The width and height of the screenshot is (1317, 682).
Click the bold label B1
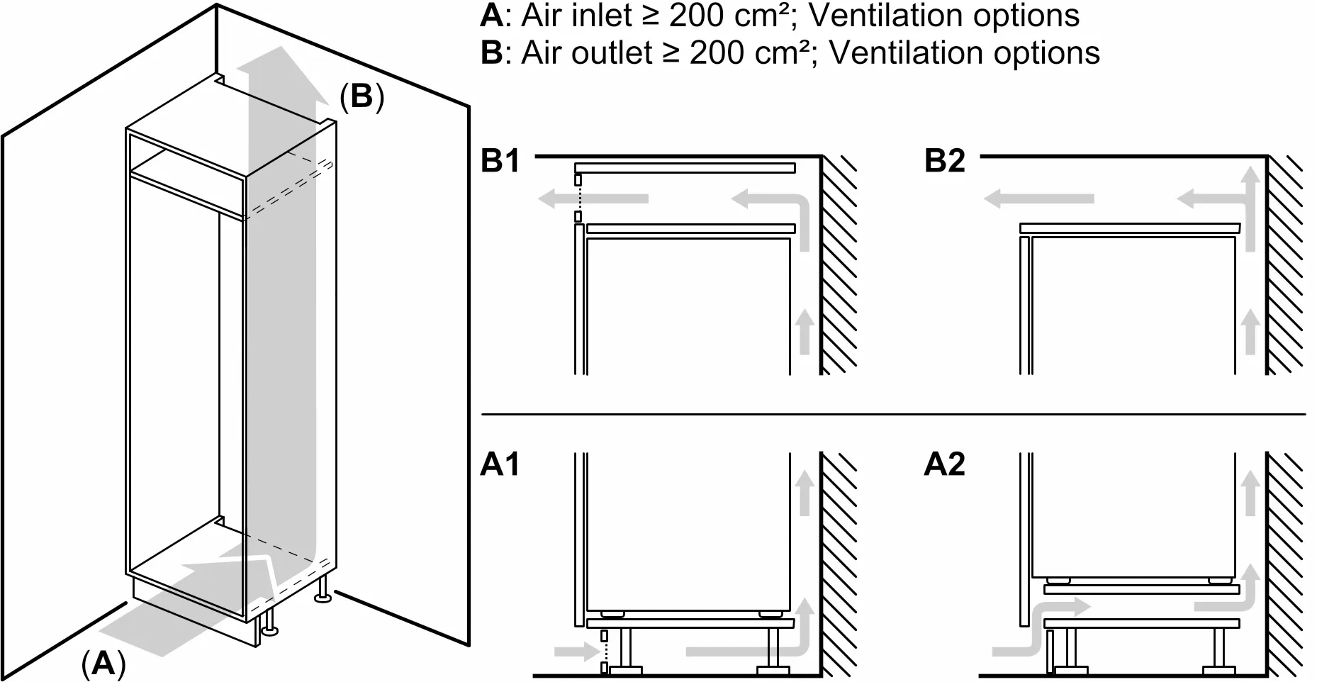click(x=500, y=161)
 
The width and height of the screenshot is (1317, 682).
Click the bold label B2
click(x=944, y=161)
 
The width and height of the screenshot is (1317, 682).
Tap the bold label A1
click(x=500, y=464)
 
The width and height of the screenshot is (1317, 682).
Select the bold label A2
click(x=944, y=464)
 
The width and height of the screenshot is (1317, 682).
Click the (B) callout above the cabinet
click(x=362, y=96)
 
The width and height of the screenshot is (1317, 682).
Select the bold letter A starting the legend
click(x=491, y=16)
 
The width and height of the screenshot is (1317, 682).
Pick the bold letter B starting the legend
click(x=491, y=53)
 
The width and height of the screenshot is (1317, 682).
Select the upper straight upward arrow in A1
click(x=804, y=492)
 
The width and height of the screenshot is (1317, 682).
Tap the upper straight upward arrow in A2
click(x=1250, y=492)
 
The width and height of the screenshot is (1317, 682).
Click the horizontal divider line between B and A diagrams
click(x=893, y=414)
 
